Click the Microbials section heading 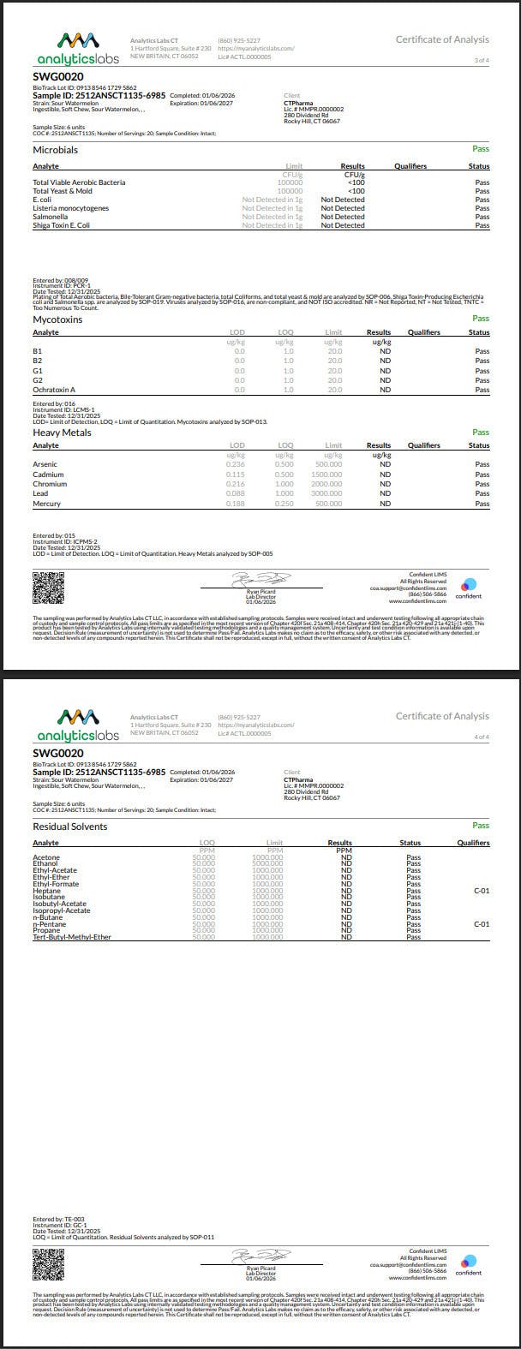coord(55,150)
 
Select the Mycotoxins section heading coord(57,319)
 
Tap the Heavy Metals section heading coord(62,433)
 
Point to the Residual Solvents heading coord(70,827)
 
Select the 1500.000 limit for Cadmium coord(325,475)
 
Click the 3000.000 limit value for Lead coord(325,493)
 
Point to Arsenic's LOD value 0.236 coord(235,464)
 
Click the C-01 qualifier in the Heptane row coord(482,891)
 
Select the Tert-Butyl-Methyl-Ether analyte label coord(72,937)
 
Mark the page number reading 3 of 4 coord(482,60)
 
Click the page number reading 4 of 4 coord(482,737)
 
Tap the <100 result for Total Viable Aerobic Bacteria coord(356,182)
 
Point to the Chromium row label coord(50,484)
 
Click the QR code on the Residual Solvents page coord(48,1262)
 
